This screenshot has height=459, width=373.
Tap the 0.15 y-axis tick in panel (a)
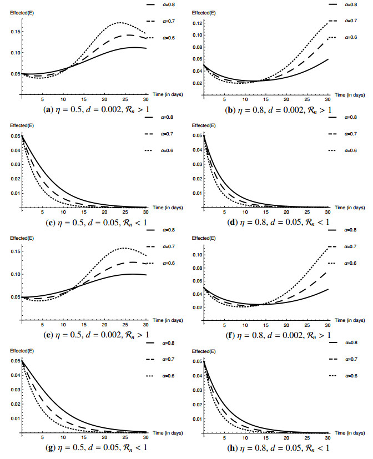[14, 31]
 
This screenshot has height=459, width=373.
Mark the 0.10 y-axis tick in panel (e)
[14, 274]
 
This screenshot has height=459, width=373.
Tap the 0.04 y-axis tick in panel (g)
[14, 375]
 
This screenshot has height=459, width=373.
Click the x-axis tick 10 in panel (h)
[245, 438]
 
